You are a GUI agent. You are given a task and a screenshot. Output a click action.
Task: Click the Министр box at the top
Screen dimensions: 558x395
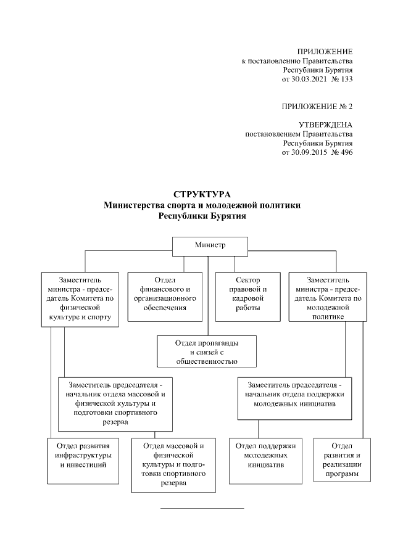pos(207,245)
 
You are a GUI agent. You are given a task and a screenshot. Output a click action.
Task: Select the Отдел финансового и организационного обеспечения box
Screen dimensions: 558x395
pos(165,297)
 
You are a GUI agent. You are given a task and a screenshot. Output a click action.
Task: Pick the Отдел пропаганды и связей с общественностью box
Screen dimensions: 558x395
pos(206,351)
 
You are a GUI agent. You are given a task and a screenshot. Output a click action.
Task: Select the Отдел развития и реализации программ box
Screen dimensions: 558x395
pos(341,459)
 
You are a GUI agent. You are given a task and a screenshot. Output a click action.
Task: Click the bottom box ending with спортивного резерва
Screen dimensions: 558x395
pos(173,464)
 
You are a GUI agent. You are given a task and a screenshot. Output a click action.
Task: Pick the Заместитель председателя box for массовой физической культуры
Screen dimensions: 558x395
pos(115,403)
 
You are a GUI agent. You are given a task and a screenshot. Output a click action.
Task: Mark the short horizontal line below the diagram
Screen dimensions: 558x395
pos(202,509)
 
